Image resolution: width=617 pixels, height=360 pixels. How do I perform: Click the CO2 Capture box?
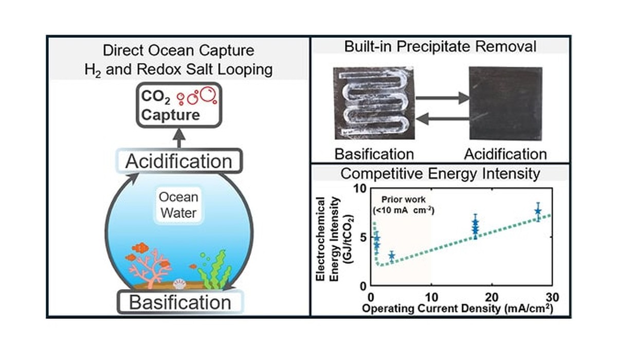click(179, 105)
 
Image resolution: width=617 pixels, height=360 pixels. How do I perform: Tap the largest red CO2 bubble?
click(208, 94)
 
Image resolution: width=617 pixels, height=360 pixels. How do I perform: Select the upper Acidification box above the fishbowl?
click(179, 161)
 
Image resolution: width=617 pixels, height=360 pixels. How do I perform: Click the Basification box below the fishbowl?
click(180, 302)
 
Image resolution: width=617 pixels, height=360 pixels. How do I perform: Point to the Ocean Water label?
click(178, 205)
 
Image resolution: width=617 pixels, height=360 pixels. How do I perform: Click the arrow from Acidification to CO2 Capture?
click(179, 138)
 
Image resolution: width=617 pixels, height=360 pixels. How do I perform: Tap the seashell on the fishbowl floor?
click(179, 284)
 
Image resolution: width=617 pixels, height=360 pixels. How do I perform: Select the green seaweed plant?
click(215, 270)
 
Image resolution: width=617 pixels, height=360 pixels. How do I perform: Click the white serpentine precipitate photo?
click(374, 103)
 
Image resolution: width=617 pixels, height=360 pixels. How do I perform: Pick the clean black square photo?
click(506, 103)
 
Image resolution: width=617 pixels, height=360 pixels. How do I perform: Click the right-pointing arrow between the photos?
click(442, 98)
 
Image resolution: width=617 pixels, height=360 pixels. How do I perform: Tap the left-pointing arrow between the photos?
click(442, 119)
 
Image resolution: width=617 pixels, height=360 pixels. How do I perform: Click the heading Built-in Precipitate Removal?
click(440, 46)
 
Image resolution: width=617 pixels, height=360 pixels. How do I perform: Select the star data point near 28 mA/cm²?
click(538, 211)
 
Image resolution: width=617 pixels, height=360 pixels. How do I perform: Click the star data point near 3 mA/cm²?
click(391, 256)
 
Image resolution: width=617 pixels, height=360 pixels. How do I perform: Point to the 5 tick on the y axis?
click(363, 237)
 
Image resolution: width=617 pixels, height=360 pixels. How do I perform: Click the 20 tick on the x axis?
click(492, 297)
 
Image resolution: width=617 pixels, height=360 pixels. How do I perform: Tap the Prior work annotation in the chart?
click(404, 205)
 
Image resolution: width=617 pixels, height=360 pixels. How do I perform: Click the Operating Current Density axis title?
click(458, 309)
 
